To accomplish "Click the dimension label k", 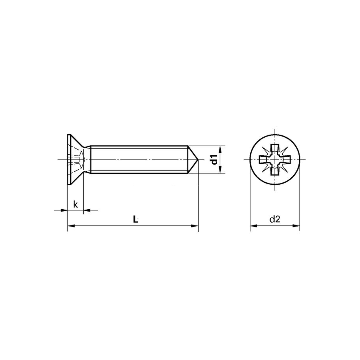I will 75,204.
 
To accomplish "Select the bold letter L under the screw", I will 135,220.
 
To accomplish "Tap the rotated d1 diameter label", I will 214,159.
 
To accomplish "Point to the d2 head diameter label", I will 275,220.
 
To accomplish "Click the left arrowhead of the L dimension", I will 71,226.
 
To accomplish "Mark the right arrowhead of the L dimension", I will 195,226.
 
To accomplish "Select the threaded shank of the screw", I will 138,159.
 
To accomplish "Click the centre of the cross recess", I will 275,160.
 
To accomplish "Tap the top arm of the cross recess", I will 275,150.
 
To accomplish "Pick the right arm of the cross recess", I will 285,160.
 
